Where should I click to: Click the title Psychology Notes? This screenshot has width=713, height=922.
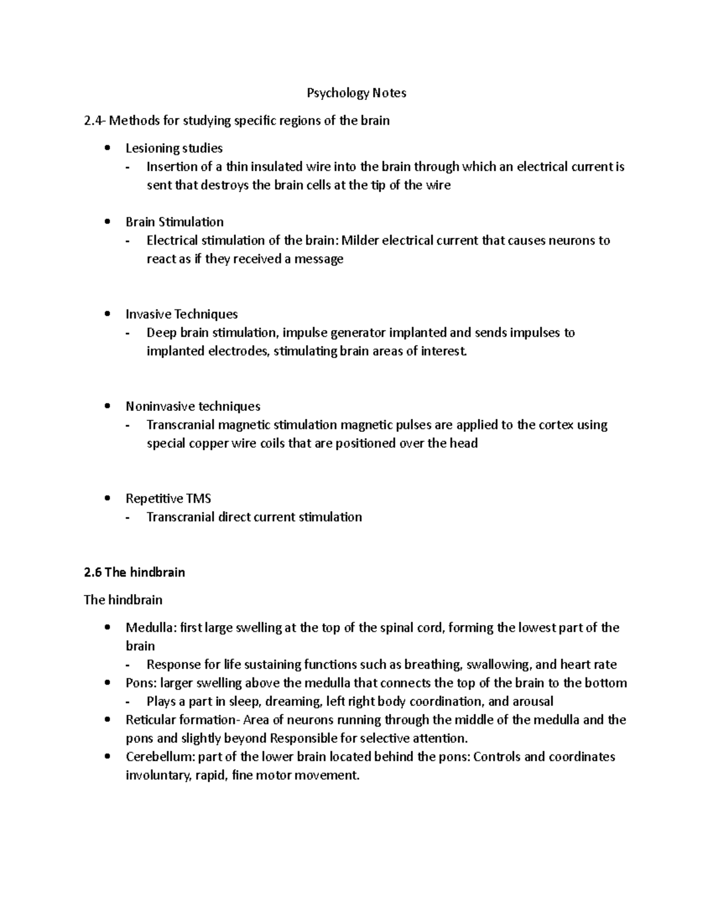pyautogui.click(x=356, y=93)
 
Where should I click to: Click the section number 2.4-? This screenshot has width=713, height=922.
pyautogui.click(x=94, y=121)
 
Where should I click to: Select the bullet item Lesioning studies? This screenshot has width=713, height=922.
pyautogui.click(x=173, y=148)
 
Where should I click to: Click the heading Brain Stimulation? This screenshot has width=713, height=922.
pyautogui.click(x=174, y=222)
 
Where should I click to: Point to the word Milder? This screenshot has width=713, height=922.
pyautogui.click(x=359, y=240)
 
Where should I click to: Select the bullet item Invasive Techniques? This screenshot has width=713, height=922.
pyautogui.click(x=181, y=314)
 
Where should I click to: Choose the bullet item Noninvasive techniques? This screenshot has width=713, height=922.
pyautogui.click(x=193, y=407)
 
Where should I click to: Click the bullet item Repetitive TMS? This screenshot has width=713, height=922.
pyautogui.click(x=168, y=499)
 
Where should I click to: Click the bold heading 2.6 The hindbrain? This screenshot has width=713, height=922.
pyautogui.click(x=134, y=572)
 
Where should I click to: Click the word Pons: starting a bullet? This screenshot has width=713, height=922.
pyautogui.click(x=140, y=683)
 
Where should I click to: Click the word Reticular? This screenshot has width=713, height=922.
pyautogui.click(x=149, y=720)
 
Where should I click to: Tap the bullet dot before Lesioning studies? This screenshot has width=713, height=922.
pyautogui.click(x=107, y=148)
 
